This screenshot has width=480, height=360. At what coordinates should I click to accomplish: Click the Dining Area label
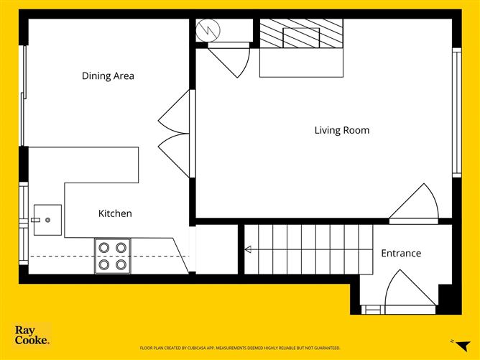coord(108,75)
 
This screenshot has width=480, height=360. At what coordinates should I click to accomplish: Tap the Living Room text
coord(341,130)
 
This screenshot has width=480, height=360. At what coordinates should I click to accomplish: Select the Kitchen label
coord(115,213)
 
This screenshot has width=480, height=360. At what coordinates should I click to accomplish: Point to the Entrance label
coord(400,253)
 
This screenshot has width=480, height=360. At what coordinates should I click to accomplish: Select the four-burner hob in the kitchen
coord(113,256)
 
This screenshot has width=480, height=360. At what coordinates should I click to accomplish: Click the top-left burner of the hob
coord(104,247)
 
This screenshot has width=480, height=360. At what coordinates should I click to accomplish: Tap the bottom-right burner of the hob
coord(121,264)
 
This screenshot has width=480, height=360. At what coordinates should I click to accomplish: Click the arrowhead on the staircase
coord(248,250)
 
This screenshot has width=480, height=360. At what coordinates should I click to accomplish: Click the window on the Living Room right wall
coord(456,111)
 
